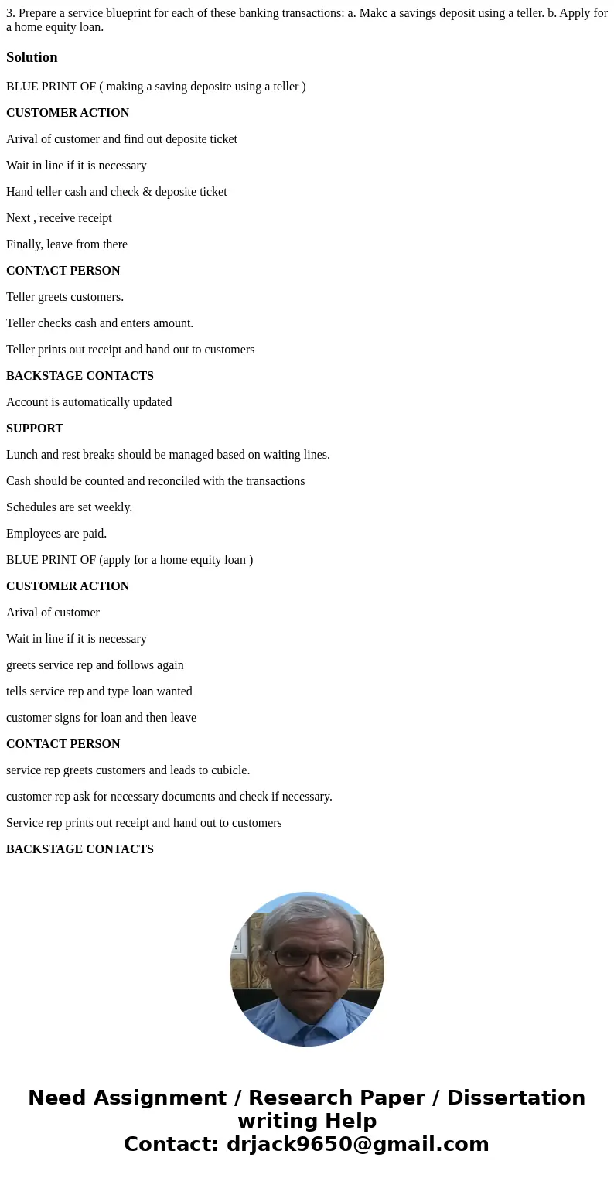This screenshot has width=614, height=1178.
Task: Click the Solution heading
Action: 32,57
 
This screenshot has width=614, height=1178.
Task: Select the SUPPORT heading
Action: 35,429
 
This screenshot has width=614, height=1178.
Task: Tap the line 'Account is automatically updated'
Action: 89,402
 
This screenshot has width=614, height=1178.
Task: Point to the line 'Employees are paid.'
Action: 56,534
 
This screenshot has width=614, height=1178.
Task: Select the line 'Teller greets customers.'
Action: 65,297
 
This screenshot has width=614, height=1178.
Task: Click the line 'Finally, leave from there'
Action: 67,244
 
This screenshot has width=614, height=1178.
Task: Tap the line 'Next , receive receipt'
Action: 59,218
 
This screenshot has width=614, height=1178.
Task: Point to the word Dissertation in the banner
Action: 516,1098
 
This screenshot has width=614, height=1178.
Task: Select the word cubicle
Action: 229,770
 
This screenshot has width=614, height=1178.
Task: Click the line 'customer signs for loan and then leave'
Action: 101,718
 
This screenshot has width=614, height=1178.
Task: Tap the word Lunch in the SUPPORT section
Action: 22,455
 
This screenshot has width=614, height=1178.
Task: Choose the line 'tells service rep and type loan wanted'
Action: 99,691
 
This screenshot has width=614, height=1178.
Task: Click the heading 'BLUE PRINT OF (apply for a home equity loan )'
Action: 129,560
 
